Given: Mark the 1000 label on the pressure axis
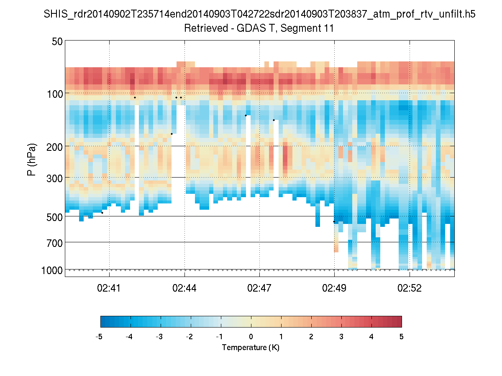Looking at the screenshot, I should pyautogui.click(x=52, y=270).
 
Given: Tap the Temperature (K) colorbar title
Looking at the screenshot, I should pyautogui.click(x=251, y=348).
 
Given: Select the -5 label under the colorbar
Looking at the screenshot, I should pyautogui.click(x=99, y=337).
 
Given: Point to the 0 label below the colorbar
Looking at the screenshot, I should pyautogui.click(x=251, y=337).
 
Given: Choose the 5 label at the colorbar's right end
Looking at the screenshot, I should pyautogui.click(x=402, y=337).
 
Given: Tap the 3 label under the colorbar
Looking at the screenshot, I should pyautogui.click(x=341, y=337).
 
